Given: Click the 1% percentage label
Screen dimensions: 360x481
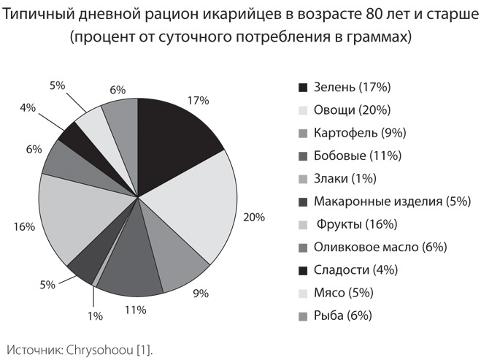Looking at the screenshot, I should coord(96,315).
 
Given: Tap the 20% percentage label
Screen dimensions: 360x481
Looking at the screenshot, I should coord(255,217).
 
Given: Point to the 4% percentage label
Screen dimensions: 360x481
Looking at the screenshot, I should coord(28,107).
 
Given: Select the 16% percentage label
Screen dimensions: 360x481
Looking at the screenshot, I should coord(23,227).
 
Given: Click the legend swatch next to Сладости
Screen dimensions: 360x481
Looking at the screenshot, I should coord(303,270).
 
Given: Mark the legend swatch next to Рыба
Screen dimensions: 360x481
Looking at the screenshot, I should coord(303,315).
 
